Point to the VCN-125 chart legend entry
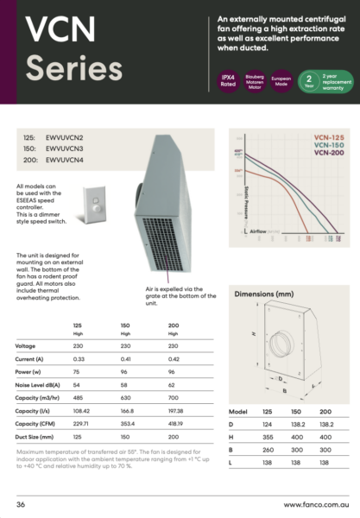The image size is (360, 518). pyautogui.click(x=328, y=138)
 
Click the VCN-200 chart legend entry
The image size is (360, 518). pyautogui.click(x=328, y=154)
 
